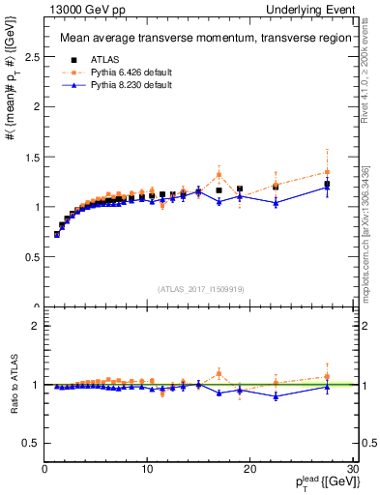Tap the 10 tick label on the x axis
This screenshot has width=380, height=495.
point(147,469)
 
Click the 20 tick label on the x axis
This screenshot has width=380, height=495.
point(249,469)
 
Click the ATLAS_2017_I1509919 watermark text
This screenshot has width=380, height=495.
point(199,288)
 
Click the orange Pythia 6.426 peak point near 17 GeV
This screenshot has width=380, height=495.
point(219,175)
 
